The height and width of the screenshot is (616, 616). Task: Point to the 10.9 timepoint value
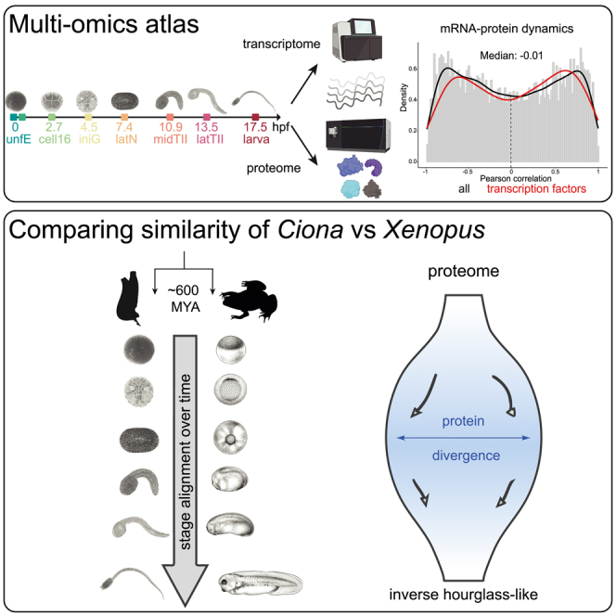pyautogui.click(x=170, y=126)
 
